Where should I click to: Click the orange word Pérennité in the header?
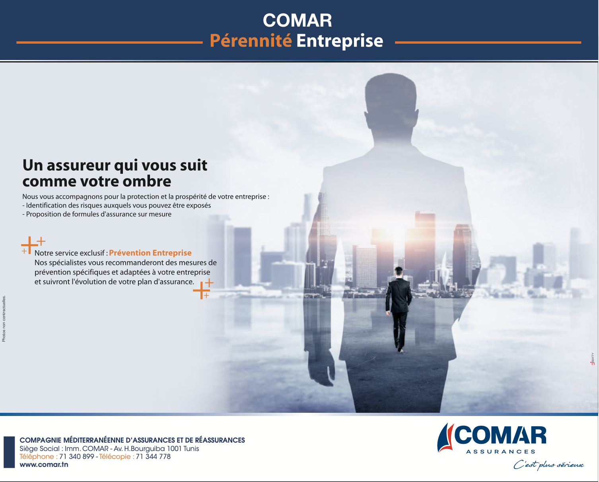251,41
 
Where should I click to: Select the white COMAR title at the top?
297,20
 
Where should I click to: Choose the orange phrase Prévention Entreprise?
150,253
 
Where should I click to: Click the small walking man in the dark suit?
399,309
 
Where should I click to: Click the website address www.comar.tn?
44,465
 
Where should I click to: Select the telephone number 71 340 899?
76,457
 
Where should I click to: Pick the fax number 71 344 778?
153,457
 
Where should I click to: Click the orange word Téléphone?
37,457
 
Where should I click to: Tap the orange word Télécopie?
115,457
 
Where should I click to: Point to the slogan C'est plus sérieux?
548,465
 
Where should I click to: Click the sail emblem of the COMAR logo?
445,438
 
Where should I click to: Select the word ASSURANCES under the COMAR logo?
501,451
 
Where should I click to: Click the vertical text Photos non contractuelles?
4,319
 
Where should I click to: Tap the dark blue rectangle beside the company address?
9,452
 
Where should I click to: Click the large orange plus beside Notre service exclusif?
29,245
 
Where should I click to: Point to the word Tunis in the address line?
191,449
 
